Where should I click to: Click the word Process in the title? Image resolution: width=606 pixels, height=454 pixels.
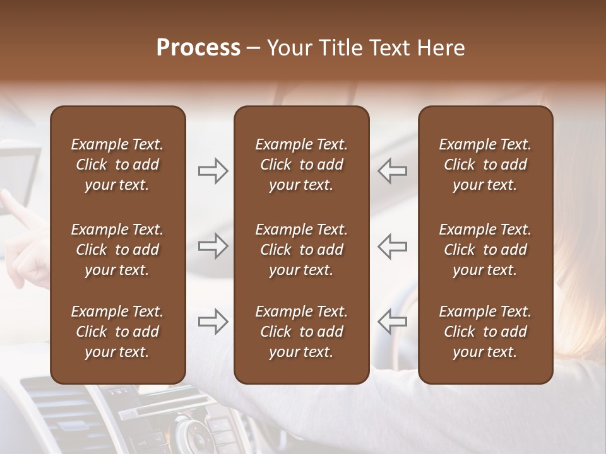pos(198,48)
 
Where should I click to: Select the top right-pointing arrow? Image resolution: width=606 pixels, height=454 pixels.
pos(213,171)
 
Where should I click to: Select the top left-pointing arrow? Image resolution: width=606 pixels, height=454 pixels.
pos(392,171)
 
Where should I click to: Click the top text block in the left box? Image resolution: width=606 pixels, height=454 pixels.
pos(117,165)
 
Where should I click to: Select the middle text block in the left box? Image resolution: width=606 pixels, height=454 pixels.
pos(117,250)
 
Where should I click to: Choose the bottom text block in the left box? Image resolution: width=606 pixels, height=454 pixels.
pos(117,332)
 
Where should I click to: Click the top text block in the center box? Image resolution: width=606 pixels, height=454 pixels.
pos(301,165)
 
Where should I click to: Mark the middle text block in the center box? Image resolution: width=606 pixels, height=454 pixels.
pos(301,250)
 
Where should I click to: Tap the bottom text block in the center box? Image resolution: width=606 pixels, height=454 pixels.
pos(301,332)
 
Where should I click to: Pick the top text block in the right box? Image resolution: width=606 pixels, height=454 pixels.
pos(485,165)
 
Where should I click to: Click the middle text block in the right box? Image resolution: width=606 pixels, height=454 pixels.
pos(485,250)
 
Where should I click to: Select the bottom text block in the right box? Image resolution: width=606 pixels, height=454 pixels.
pos(485,332)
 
